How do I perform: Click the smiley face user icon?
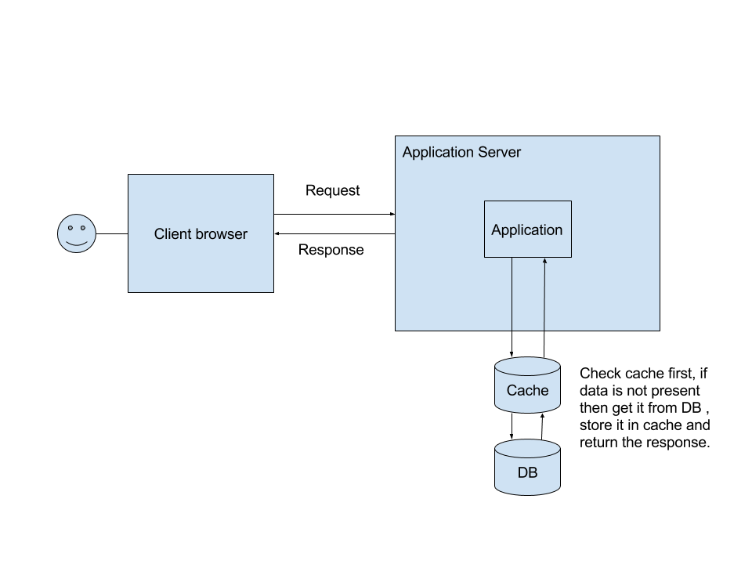[77, 233]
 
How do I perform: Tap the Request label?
[333, 190]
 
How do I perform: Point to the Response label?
[331, 250]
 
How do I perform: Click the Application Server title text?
[461, 152]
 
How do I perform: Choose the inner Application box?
[527, 230]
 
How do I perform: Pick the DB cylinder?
[527, 469]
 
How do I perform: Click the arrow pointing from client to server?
[334, 214]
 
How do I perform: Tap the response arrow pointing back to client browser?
[334, 233]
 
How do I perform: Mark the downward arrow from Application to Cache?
[512, 305]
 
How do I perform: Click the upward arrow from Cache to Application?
[544, 305]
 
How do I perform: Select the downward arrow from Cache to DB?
[512, 425]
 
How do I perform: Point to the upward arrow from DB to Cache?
[542, 425]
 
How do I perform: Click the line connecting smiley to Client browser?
[112, 233]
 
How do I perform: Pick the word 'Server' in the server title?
[500, 152]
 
